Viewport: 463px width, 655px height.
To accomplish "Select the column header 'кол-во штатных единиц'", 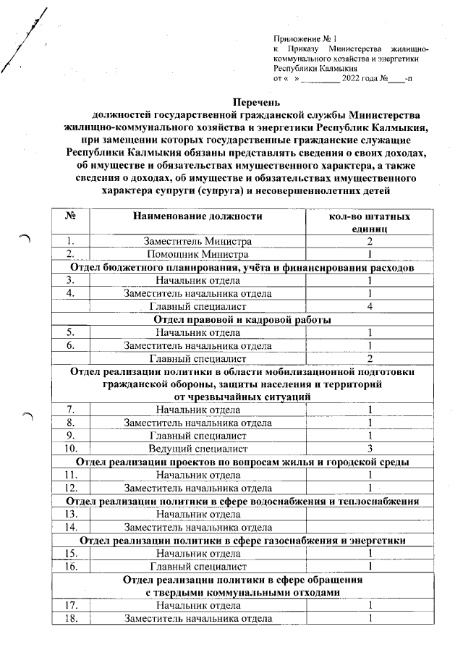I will click(x=368, y=222).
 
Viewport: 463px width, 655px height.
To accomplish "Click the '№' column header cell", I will click(x=70, y=216).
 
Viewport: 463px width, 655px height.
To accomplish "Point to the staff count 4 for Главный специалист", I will click(x=368, y=306).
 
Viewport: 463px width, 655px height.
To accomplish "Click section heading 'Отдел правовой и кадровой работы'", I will click(x=242, y=319).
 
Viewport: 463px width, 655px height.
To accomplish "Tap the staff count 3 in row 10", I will click(x=368, y=449).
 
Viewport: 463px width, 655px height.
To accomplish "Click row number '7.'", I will click(x=70, y=410).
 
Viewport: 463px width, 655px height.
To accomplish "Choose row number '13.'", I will click(x=70, y=514).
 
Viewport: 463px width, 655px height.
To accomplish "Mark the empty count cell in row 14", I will click(x=368, y=527).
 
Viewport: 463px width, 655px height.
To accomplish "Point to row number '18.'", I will click(x=70, y=618).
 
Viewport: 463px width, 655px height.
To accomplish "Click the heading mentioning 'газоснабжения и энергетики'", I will click(x=242, y=540).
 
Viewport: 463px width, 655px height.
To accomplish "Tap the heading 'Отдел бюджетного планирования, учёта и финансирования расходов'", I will click(x=242, y=267).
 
